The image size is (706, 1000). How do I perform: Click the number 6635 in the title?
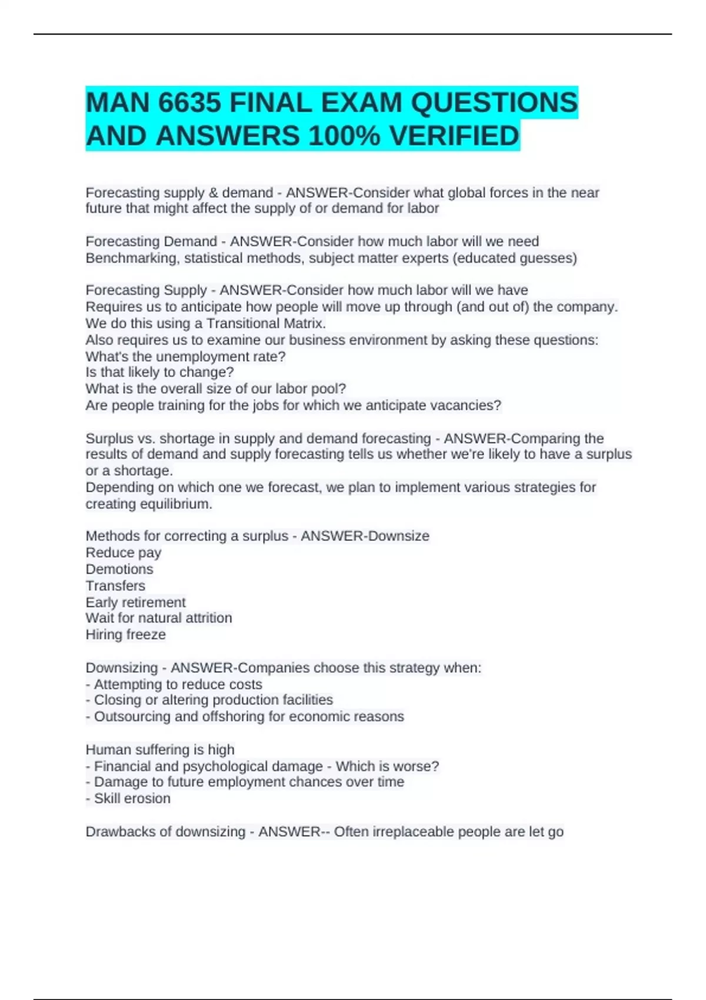coord(190,104)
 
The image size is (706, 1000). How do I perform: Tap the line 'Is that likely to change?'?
coord(159,372)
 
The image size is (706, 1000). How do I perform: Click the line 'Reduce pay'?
coord(123,553)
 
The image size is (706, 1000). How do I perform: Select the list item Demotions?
coord(119,569)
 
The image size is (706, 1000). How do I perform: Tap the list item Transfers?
coord(115,586)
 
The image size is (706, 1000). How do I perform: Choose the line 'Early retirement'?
coord(135,602)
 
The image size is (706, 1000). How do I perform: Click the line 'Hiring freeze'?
coord(125,635)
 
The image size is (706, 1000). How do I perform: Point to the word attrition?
coord(208,618)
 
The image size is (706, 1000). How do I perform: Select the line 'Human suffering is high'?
coord(159,749)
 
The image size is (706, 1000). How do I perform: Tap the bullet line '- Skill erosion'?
coord(128,799)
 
